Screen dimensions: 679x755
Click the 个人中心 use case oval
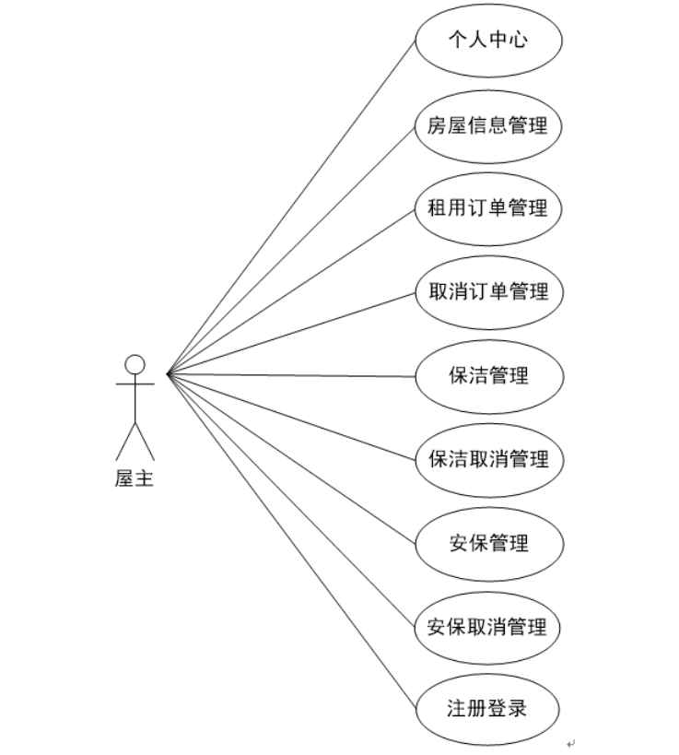click(x=487, y=41)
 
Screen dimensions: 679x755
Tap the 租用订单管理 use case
click(x=487, y=208)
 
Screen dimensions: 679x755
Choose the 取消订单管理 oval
click(x=487, y=292)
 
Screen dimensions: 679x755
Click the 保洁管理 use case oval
click(x=487, y=376)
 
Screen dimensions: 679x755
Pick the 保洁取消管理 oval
click(x=487, y=459)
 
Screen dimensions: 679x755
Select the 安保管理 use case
click(x=487, y=543)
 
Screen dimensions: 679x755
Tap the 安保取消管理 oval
click(x=487, y=627)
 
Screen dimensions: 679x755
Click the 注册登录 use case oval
click(x=487, y=710)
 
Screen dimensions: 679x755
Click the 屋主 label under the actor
click(x=135, y=479)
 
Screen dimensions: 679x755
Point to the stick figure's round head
click(x=135, y=363)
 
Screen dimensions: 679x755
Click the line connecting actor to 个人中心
click(x=291, y=208)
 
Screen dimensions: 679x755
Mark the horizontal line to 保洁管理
click(x=290, y=375)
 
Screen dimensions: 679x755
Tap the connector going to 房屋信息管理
click(x=291, y=249)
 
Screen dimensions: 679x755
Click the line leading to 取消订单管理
click(x=290, y=333)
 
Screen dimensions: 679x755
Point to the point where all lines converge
click(x=167, y=374)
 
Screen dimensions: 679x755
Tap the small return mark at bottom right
click(x=570, y=741)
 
